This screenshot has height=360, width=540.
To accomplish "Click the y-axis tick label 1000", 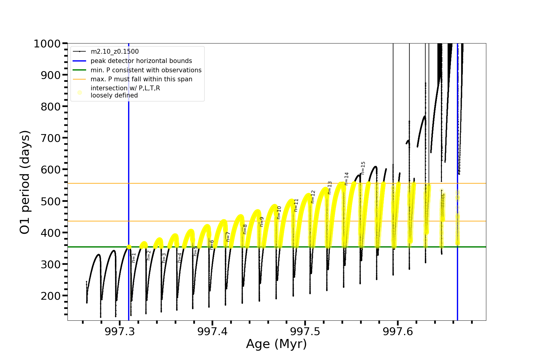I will click(47, 44).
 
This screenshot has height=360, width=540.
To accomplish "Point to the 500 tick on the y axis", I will click(51, 201).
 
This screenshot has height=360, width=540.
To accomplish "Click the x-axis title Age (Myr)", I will click(276, 344).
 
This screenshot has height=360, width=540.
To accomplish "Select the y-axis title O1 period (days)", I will click(25, 182).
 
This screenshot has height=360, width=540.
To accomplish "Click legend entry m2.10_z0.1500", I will click(115, 52).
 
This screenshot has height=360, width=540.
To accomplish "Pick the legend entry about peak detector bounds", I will click(141, 61).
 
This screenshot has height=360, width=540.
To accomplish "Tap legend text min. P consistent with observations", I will click(146, 70).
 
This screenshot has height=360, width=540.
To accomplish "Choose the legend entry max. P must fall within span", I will click(141, 79).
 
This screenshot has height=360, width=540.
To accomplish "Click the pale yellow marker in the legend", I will click(79, 92).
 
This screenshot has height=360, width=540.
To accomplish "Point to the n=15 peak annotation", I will click(363, 168).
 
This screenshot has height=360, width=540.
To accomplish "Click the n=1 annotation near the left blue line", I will click(134, 258).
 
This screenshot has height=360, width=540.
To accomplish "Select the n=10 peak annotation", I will click(279, 212).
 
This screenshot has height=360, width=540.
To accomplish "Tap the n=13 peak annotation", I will click(330, 188).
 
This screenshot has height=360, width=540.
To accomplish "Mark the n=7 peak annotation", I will click(228, 237).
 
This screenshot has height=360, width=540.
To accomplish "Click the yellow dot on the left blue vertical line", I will click(129, 247).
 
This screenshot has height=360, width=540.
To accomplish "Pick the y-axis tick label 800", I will click(51, 107).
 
